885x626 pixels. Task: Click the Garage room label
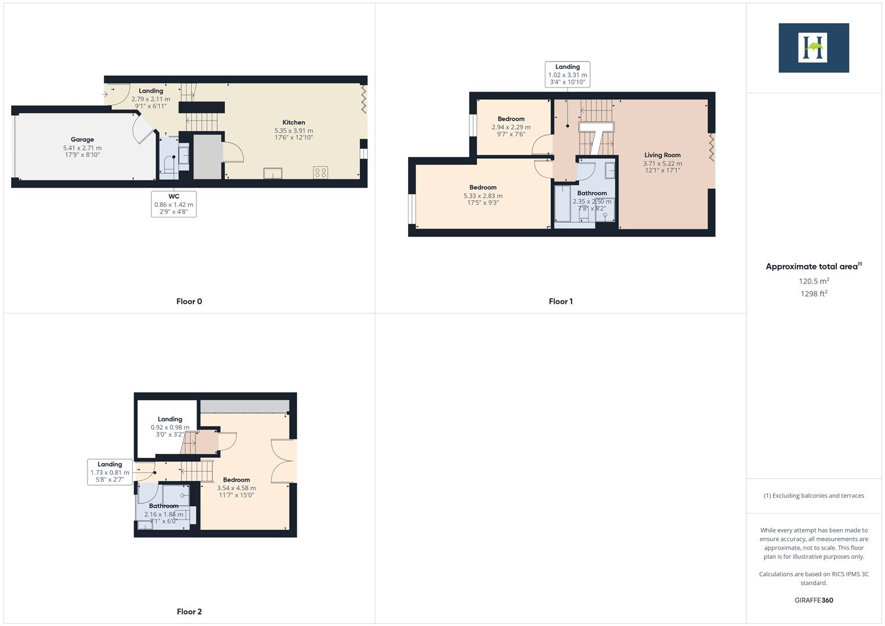[82, 140]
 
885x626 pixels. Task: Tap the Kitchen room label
[293, 122]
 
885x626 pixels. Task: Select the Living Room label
[662, 155]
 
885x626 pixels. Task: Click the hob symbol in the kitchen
[320, 172]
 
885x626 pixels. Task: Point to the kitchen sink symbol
[272, 173]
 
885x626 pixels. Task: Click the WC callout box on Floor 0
[173, 204]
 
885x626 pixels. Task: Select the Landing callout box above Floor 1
[567, 74]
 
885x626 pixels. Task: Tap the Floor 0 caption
[189, 301]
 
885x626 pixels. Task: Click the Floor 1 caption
[560, 301]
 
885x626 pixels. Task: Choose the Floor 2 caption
[189, 612]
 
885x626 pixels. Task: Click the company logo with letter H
[813, 48]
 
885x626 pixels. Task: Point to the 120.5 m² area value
[813, 281]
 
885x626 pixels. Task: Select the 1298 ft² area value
[813, 294]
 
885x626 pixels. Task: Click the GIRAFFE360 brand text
[813, 600]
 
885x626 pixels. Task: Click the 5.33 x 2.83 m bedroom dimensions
[483, 196]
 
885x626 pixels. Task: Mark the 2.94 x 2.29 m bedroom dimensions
[511, 128]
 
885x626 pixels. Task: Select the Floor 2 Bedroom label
[236, 480]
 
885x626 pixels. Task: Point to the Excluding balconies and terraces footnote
[813, 496]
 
